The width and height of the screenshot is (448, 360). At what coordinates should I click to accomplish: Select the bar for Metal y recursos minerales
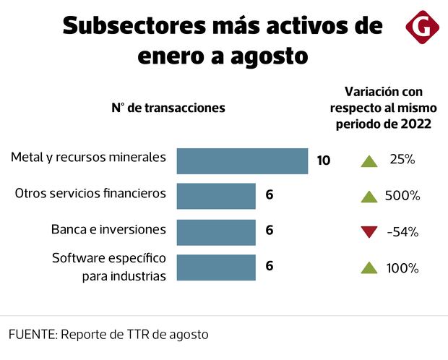(x=242, y=160)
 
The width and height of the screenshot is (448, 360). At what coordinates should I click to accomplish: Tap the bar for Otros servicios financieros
(x=216, y=195)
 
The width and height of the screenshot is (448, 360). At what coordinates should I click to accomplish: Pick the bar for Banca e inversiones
(x=216, y=231)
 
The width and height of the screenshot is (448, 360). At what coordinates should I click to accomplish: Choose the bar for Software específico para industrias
(x=216, y=267)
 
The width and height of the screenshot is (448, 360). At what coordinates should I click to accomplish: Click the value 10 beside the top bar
(x=323, y=160)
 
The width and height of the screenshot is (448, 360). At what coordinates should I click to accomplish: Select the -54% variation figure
(x=402, y=232)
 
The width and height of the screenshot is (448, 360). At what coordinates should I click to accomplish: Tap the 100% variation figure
(x=402, y=268)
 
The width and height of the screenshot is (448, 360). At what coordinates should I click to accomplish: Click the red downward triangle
(x=369, y=232)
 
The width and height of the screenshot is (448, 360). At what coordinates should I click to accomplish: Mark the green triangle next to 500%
(x=369, y=195)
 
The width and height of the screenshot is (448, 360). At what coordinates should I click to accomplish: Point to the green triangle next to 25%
(x=369, y=160)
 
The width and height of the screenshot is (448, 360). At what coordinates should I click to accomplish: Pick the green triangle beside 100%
(x=369, y=267)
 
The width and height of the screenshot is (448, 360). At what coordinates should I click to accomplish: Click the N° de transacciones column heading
(x=168, y=108)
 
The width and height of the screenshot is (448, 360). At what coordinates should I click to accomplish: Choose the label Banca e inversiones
(x=108, y=229)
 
